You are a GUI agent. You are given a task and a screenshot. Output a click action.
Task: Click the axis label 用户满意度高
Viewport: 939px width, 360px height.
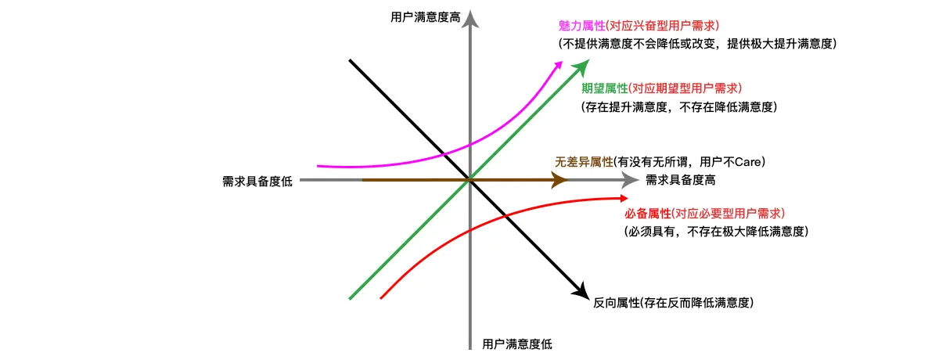(424, 16)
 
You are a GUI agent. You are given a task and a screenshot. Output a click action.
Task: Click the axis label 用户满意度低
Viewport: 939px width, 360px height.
(516, 344)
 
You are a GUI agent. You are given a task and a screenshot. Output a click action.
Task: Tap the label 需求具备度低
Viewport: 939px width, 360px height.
(257, 182)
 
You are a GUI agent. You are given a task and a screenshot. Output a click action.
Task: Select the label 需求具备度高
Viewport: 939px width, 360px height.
(680, 181)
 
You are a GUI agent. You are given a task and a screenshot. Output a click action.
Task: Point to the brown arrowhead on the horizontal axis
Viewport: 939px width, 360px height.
(559, 181)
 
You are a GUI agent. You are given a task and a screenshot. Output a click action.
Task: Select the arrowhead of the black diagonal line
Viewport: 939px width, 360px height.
(581, 290)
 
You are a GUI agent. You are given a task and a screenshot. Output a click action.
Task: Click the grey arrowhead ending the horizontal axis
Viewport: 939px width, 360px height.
(630, 181)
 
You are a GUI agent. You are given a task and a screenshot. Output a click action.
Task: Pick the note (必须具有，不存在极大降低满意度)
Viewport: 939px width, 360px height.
(715, 232)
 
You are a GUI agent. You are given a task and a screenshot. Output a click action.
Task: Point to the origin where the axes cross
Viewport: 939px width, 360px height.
(469, 181)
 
